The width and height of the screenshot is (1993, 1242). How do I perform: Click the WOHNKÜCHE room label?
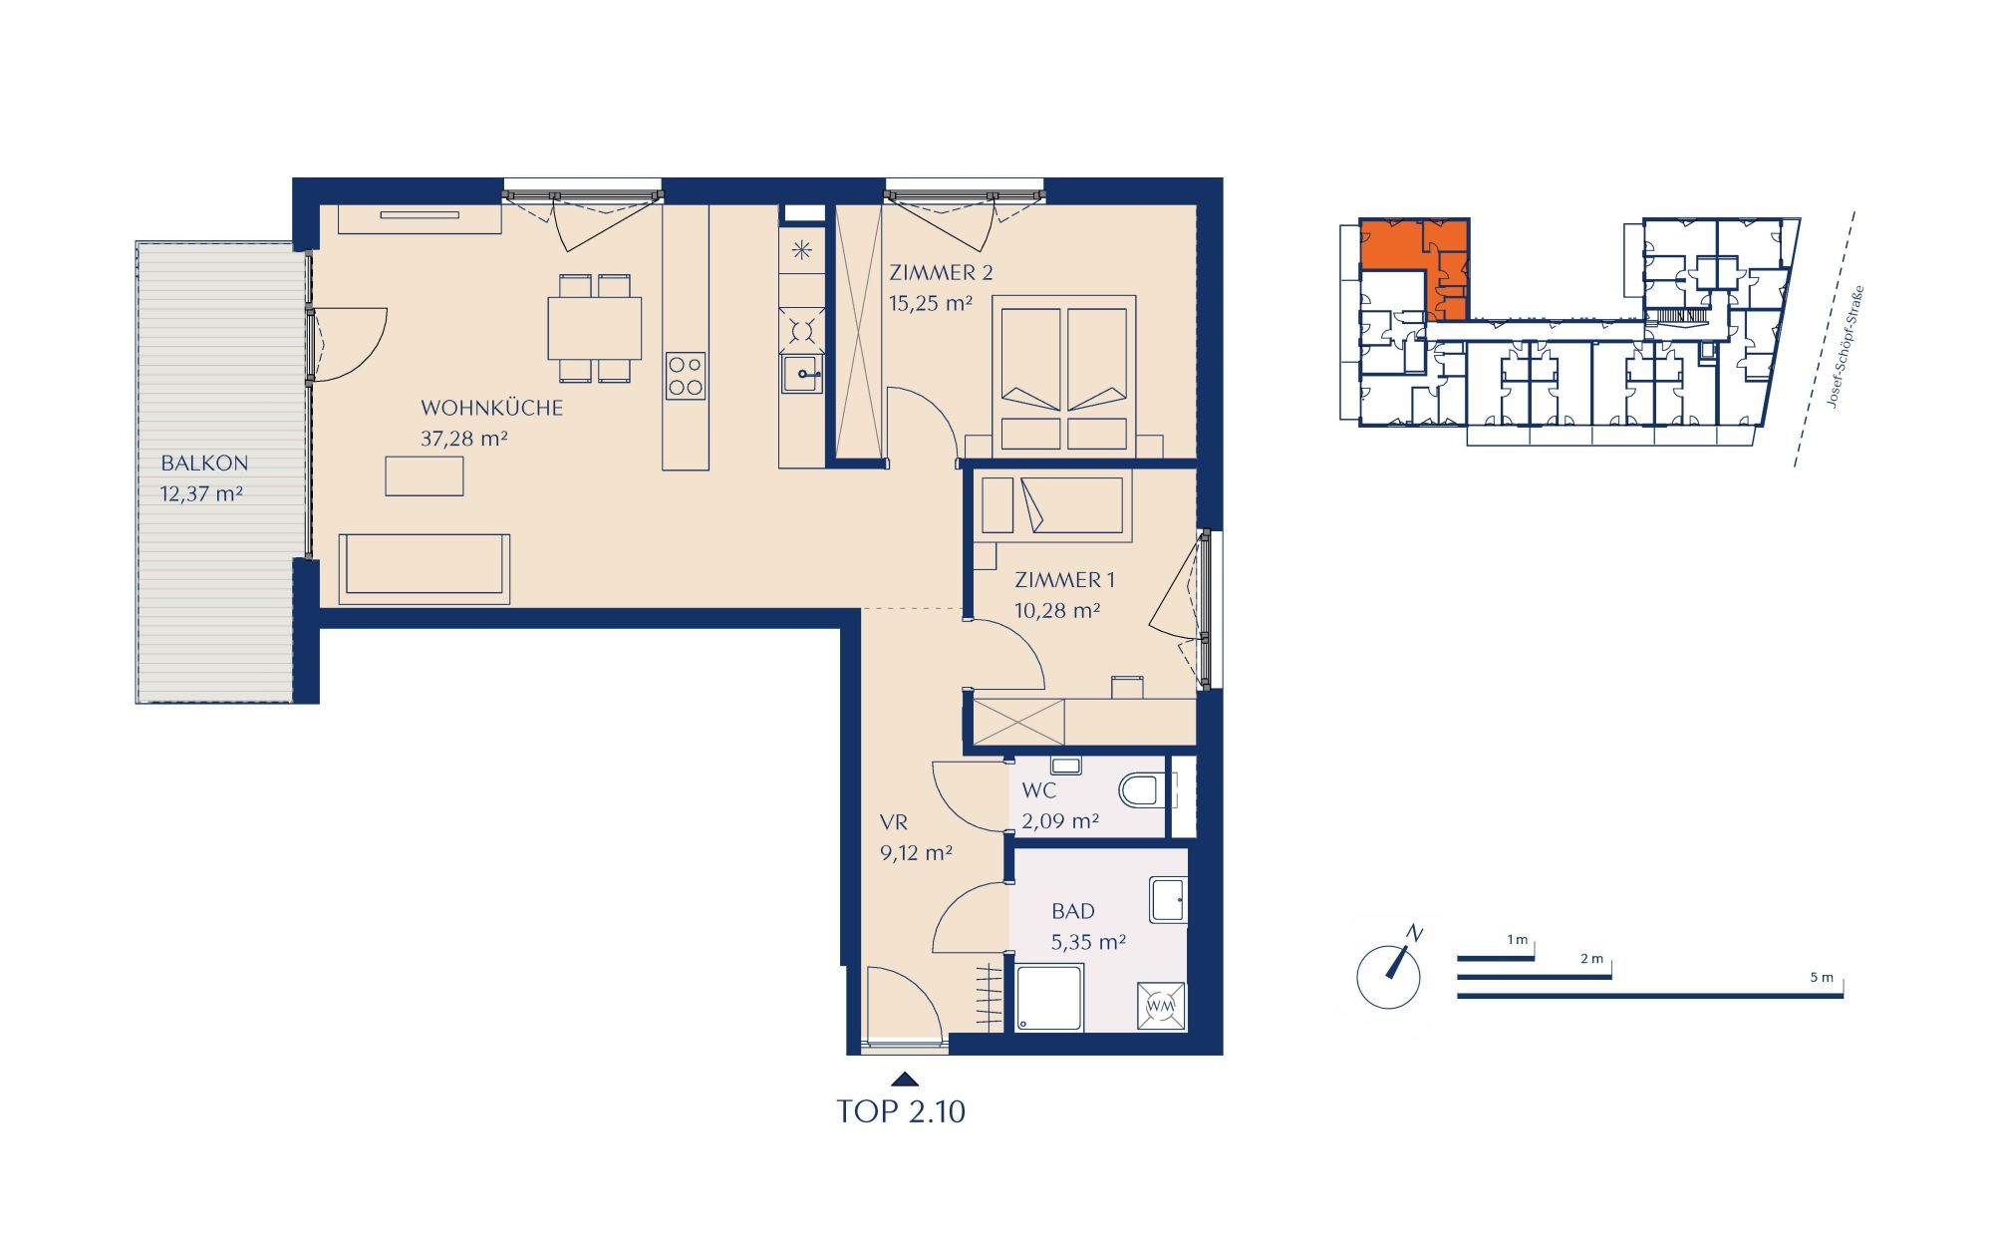[491, 408]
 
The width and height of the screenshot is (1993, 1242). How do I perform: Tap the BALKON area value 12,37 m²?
[201, 493]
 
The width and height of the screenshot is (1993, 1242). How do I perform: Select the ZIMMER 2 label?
[941, 272]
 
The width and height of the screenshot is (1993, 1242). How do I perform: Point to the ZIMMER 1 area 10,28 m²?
[1057, 610]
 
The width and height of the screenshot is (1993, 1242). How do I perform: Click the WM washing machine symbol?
[1161, 1006]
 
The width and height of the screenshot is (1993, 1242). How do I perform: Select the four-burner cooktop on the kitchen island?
[686, 377]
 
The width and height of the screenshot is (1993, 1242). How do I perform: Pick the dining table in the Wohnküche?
[595, 328]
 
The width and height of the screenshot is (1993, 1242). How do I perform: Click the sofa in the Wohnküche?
[425, 568]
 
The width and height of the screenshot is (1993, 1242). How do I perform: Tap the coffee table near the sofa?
[425, 475]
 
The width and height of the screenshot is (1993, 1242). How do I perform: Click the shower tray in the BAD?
[1049, 997]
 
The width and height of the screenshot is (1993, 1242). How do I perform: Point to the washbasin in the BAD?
[1168, 899]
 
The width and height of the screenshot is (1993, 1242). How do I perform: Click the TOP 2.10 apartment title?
[901, 1111]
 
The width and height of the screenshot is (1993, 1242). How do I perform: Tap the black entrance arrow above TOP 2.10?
[905, 1079]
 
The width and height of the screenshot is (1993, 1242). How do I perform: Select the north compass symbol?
[1389, 972]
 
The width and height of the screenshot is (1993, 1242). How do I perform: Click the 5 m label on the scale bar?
[1822, 978]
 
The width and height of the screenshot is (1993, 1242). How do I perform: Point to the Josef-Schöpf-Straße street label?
[1844, 347]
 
